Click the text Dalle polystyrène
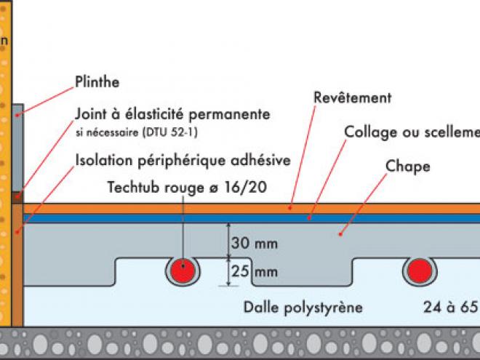click(x=303, y=307)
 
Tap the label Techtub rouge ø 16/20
click(x=187, y=188)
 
